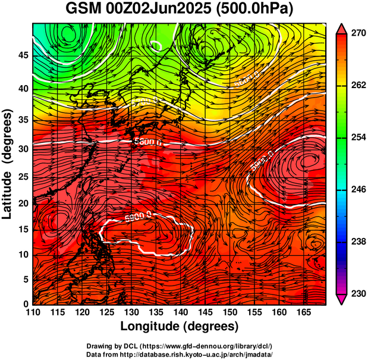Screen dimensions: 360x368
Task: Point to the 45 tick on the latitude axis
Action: click(22, 55)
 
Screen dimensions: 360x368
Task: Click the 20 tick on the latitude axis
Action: click(22, 203)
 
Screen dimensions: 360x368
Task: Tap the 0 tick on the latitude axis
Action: click(25, 304)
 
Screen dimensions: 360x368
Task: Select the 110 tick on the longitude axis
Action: click(33, 312)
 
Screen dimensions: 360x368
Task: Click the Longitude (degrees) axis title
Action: click(180, 326)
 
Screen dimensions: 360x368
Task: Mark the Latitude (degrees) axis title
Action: click(8, 163)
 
